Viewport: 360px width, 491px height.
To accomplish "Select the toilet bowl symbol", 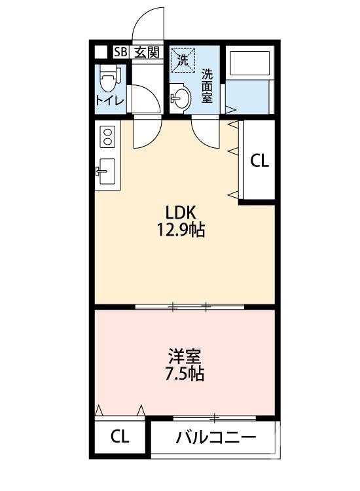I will (x=107, y=82).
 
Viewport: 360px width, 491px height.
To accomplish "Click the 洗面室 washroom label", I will (x=207, y=85).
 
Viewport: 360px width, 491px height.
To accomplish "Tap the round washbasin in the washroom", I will (x=180, y=99).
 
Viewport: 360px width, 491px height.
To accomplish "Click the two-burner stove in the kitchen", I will (x=106, y=137).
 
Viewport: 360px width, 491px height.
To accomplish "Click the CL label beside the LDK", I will (x=260, y=160).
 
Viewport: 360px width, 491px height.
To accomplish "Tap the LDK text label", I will (x=180, y=212).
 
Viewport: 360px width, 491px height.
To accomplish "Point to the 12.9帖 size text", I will (x=180, y=230).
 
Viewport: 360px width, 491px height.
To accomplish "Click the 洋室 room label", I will (x=184, y=357).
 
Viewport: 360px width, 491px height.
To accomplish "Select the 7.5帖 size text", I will (x=184, y=374).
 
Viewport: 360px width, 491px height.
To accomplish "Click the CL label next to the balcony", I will (x=119, y=437).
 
